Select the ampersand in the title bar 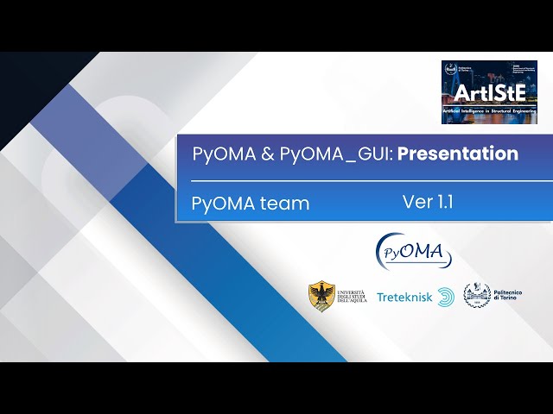(268, 155)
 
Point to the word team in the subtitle (284, 204)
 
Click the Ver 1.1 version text (428, 202)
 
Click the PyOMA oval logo (413, 252)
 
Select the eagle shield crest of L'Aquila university (322, 296)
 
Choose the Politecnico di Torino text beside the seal (505, 296)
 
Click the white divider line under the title (363, 181)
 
